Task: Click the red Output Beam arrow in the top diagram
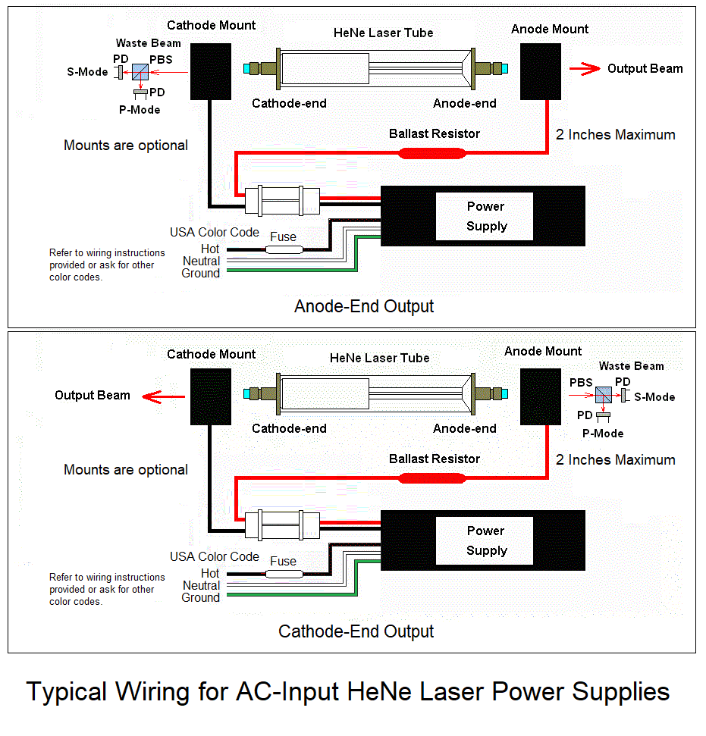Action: (585, 69)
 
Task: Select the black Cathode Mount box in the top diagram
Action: (210, 71)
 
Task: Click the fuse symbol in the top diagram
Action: (284, 249)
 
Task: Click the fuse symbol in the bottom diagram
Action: (284, 573)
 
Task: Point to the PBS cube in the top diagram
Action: (140, 73)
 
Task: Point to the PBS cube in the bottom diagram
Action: (604, 395)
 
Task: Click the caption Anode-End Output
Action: (364, 307)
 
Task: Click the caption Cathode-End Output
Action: (356, 631)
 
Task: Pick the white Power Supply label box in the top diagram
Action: (485, 216)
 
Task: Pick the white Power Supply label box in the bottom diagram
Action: (485, 540)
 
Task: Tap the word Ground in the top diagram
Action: (200, 274)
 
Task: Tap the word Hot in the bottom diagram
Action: (210, 573)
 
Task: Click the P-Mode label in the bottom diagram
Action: (603, 434)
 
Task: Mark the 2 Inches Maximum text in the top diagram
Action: (615, 135)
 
